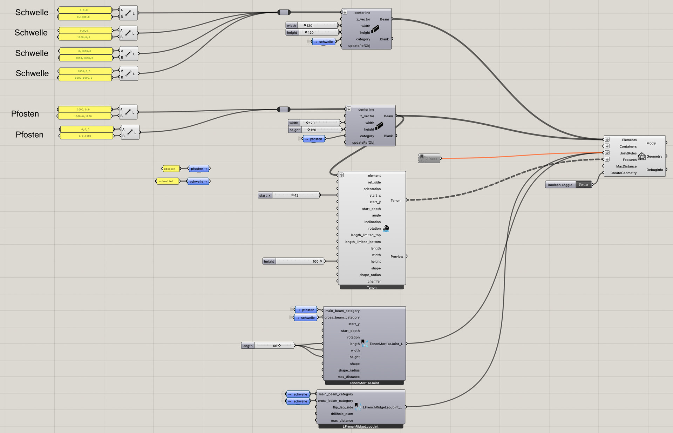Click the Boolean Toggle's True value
pos(583,185)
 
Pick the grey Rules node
pos(429,159)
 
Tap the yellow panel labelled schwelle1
pos(167,182)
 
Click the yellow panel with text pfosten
pos(171,169)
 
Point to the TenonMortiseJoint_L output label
pos(386,344)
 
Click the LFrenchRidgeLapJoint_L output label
pos(382,407)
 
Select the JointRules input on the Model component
pos(628,153)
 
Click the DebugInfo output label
pos(654,170)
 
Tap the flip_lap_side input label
pos(343,407)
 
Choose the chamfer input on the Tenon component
pos(374,281)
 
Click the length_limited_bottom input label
pos(362,242)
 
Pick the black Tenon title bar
pos(372,288)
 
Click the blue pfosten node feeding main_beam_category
pos(306,310)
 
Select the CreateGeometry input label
pos(623,173)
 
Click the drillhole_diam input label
pos(342,414)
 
